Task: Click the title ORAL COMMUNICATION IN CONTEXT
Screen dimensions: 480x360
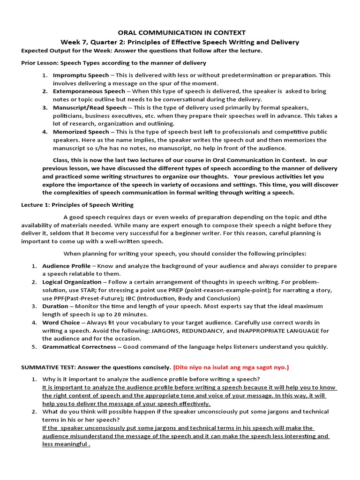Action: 181,33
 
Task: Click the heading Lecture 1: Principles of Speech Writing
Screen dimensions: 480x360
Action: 77,205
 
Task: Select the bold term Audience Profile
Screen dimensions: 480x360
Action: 67,266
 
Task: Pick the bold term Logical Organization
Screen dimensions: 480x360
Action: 72,282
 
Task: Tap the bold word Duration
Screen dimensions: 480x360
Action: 55,306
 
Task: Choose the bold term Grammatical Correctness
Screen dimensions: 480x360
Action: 79,347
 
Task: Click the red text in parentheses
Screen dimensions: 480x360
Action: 231,367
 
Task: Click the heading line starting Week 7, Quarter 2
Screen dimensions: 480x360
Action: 180,42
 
